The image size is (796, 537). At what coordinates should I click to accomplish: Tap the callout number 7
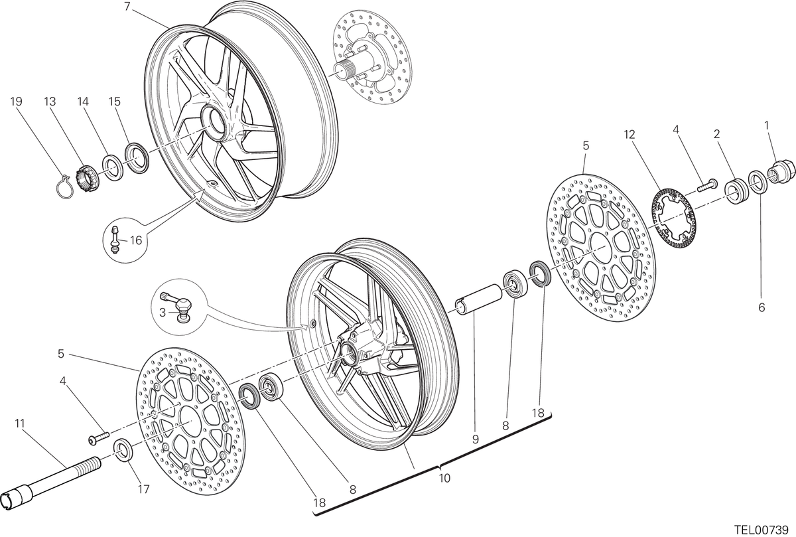pos(127,6)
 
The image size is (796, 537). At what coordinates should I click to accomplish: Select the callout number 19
pos(17,102)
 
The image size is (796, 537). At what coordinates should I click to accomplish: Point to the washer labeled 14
pos(113,166)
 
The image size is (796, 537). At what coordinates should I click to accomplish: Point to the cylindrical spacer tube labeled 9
pos(480,299)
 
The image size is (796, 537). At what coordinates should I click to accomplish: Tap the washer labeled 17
pos(123,450)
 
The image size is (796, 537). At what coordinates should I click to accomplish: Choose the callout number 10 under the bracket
pos(444,478)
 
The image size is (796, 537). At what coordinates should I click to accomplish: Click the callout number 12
pos(629,135)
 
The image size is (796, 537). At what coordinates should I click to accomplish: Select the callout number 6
pos(762,307)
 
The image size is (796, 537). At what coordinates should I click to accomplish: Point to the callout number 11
pos(20,423)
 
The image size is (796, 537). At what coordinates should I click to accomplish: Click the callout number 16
pos(136,240)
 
